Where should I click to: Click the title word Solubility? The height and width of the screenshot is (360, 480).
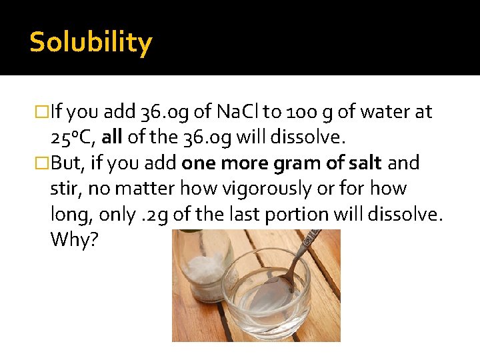(91, 43)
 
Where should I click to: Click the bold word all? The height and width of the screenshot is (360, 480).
(113, 137)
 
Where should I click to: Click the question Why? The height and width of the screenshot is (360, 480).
(74, 239)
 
